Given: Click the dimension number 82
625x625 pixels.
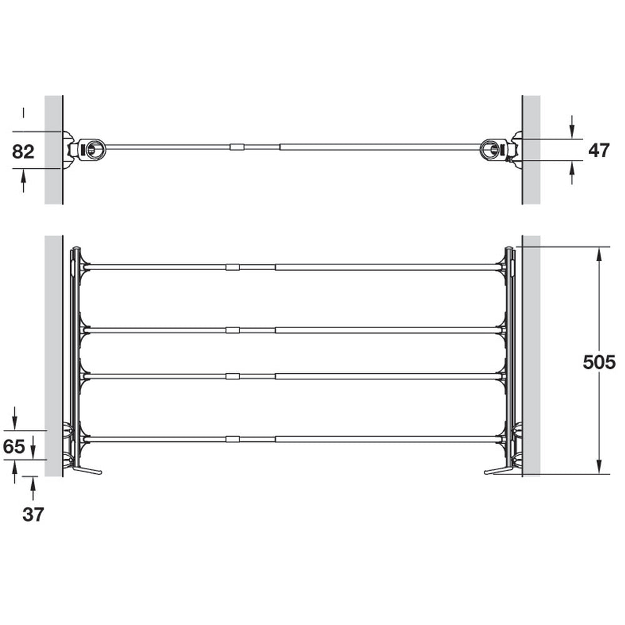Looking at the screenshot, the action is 23,152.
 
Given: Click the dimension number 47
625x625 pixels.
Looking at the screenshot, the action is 599,150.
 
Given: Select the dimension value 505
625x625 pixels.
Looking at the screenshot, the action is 599,362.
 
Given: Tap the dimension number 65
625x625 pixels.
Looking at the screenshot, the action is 14,446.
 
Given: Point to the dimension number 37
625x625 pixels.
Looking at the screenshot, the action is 33,514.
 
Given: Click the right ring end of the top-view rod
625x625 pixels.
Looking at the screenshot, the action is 492,149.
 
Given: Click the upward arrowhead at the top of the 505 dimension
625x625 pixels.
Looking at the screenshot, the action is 599,254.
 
